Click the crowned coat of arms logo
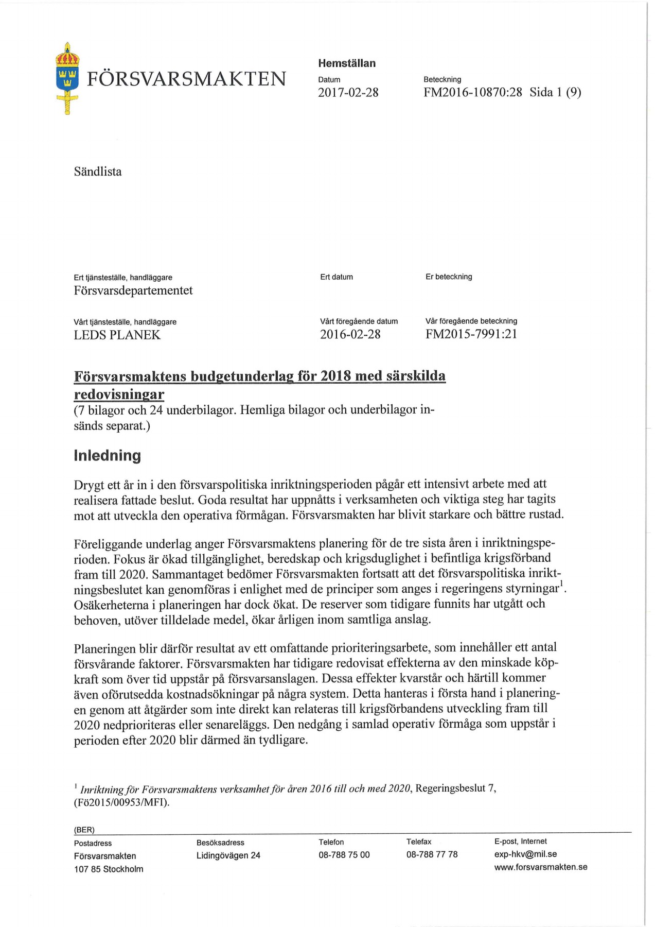click(66, 78)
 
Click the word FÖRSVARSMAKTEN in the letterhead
click(186, 79)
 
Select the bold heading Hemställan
click(347, 63)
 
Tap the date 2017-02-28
click(348, 93)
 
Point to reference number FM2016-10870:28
click(472, 93)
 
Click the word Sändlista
click(98, 172)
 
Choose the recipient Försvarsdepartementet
click(133, 290)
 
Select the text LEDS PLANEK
click(117, 335)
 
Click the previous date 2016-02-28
click(350, 335)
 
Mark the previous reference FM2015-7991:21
click(471, 335)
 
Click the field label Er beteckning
click(449, 277)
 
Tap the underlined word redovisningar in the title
click(119, 395)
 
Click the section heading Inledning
click(108, 456)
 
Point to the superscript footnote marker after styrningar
click(561, 583)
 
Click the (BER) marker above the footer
click(84, 830)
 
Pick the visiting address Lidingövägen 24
click(228, 855)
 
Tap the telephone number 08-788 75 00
click(344, 855)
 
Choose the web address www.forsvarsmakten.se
click(541, 867)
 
